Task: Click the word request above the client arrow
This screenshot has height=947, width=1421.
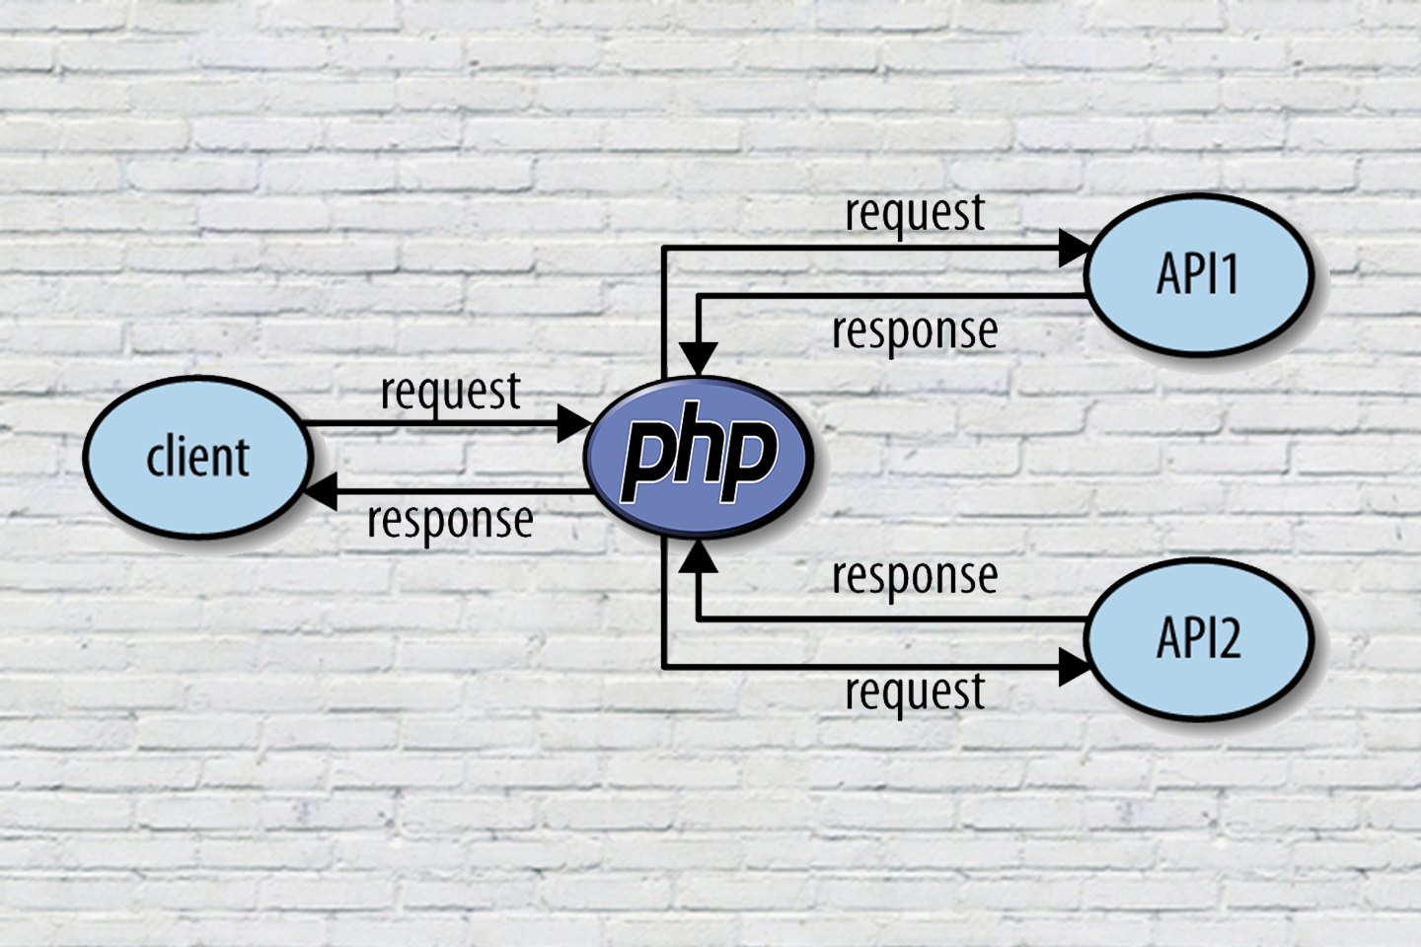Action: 450,393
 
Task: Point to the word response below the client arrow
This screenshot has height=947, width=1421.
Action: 450,520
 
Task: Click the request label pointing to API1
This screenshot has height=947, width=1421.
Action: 915,214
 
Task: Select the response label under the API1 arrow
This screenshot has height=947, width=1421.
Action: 915,331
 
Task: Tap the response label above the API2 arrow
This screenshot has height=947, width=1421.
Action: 915,576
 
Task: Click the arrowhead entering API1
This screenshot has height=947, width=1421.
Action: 1074,249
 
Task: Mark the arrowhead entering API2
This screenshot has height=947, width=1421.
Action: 1074,668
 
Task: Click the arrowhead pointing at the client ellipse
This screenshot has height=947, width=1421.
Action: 322,490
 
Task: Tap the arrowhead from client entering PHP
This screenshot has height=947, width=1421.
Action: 573,424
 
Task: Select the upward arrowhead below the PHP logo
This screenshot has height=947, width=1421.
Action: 699,556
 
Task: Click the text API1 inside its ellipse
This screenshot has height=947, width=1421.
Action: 1197,273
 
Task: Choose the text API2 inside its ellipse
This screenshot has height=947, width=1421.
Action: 1198,637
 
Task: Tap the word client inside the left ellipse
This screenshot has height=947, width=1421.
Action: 197,458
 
